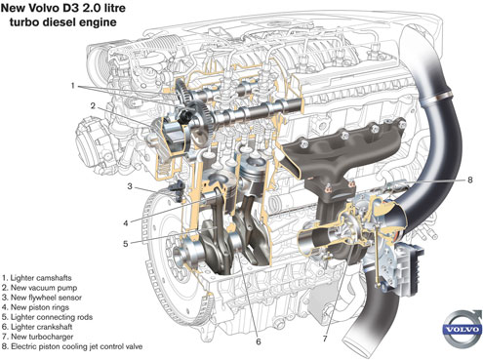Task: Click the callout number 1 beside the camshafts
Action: point(73,86)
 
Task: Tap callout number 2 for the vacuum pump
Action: point(93,106)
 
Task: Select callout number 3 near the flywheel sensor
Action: point(130,186)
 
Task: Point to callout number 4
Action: point(126,223)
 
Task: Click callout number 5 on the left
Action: point(126,244)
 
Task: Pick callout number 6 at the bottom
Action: point(259,341)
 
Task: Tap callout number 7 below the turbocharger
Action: point(325,339)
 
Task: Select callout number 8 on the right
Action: point(469,180)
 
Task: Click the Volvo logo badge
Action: point(463,329)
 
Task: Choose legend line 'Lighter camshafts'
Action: point(36,278)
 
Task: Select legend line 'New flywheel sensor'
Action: point(42,298)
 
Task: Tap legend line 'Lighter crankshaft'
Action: point(37,327)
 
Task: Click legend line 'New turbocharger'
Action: point(37,337)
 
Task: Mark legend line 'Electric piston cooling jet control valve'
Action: point(72,346)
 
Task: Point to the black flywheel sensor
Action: point(177,191)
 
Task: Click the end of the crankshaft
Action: point(179,255)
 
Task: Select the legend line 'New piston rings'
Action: point(35,307)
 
